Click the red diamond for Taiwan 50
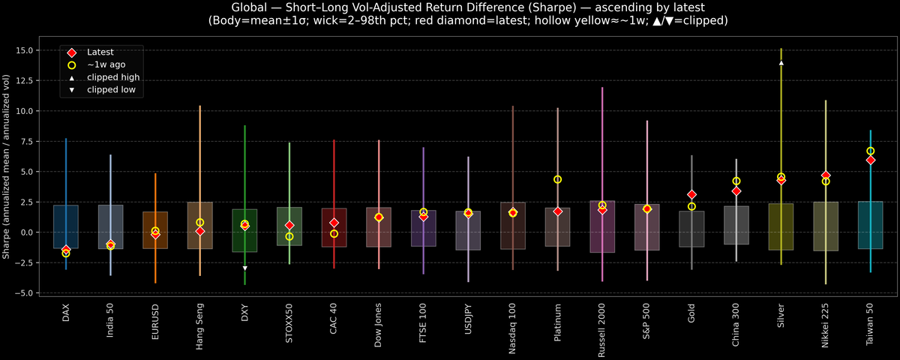coord(870,160)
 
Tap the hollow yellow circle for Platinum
coord(557,179)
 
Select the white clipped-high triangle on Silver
coord(781,63)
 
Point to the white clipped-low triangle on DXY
coord(244,268)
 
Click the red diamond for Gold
coord(691,194)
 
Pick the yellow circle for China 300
coord(736,181)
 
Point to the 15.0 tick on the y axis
coord(34,50)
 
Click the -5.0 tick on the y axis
coord(34,292)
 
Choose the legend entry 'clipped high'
coord(113,77)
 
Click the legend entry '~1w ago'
coord(106,64)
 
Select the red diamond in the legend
coord(71,52)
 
